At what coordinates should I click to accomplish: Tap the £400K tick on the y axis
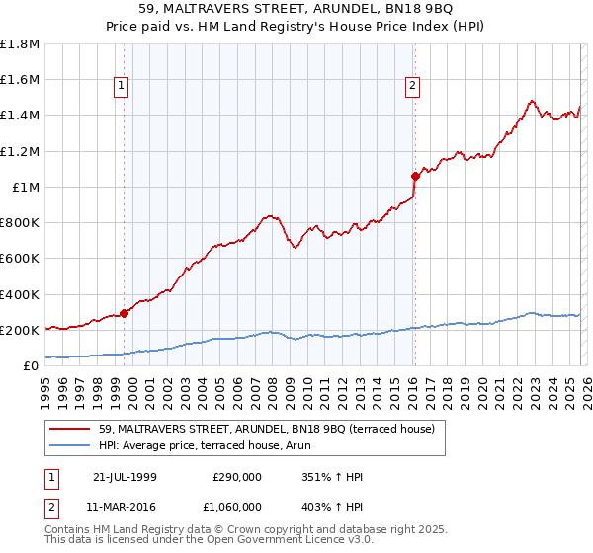tap(20, 294)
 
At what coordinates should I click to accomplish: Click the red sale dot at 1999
tap(125, 314)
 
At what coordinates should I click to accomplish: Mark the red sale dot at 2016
tap(415, 177)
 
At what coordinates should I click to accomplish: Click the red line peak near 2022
tap(532, 101)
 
